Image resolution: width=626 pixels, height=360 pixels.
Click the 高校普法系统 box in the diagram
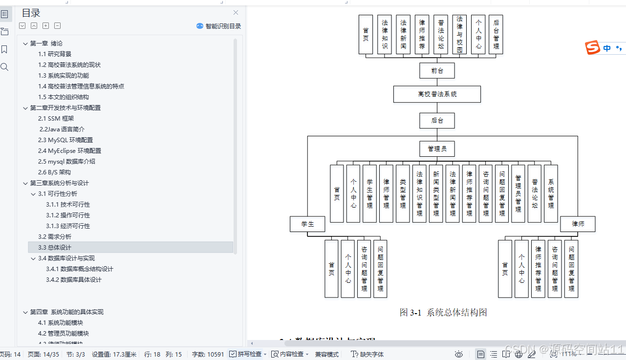pyautogui.click(x=437, y=94)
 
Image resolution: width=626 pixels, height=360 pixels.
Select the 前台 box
pyautogui.click(x=437, y=71)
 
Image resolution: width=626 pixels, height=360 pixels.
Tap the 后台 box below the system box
pyautogui.click(x=437, y=121)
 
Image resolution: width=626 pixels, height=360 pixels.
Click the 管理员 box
pyautogui.click(x=437, y=148)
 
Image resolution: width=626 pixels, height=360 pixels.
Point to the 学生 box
pyautogui.click(x=307, y=224)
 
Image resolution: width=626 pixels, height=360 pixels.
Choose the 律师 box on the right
pyautogui.click(x=578, y=224)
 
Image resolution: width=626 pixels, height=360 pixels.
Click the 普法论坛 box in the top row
pyautogui.click(x=441, y=34)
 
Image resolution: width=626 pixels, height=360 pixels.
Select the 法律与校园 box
pyautogui.click(x=459, y=34)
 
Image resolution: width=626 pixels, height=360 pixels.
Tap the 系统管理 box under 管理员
pyautogui.click(x=551, y=193)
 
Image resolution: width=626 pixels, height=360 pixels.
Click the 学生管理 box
pyautogui.click(x=369, y=193)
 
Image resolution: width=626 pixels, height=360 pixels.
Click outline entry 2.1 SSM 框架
pyautogui.click(x=56, y=119)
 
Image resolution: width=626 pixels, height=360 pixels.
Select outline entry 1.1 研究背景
pyautogui.click(x=55, y=54)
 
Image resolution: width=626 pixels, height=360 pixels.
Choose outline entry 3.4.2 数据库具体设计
pyautogui.click(x=74, y=280)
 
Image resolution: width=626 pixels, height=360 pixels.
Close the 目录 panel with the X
pyautogui.click(x=236, y=13)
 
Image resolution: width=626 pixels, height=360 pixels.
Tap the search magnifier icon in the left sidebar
pyautogui.click(x=5, y=67)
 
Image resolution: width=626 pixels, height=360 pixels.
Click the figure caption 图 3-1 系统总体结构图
pyautogui.click(x=443, y=313)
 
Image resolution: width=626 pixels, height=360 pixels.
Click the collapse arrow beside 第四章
pyautogui.click(x=25, y=312)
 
